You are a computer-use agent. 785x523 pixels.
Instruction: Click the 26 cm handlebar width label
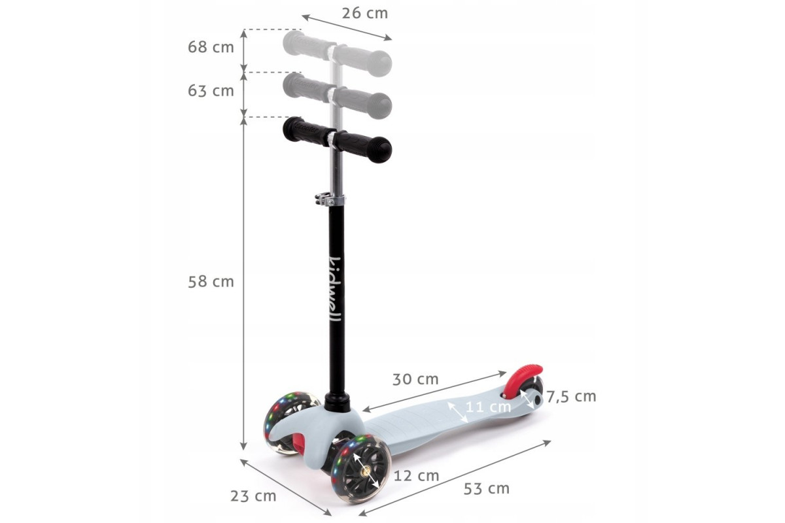click(x=365, y=14)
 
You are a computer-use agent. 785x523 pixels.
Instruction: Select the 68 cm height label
click(x=211, y=47)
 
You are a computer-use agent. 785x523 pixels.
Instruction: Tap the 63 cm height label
click(x=211, y=91)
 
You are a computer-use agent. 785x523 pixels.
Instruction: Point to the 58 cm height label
click(x=211, y=282)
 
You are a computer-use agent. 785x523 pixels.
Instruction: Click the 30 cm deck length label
click(x=415, y=379)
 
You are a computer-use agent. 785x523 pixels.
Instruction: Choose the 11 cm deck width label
click(x=488, y=407)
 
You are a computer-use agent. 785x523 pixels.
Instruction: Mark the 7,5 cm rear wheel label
click(x=572, y=397)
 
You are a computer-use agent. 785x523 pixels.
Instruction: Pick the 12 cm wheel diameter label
click(x=416, y=476)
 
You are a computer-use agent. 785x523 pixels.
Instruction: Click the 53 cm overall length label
click(x=487, y=488)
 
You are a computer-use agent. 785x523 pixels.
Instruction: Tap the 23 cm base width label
click(x=253, y=496)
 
